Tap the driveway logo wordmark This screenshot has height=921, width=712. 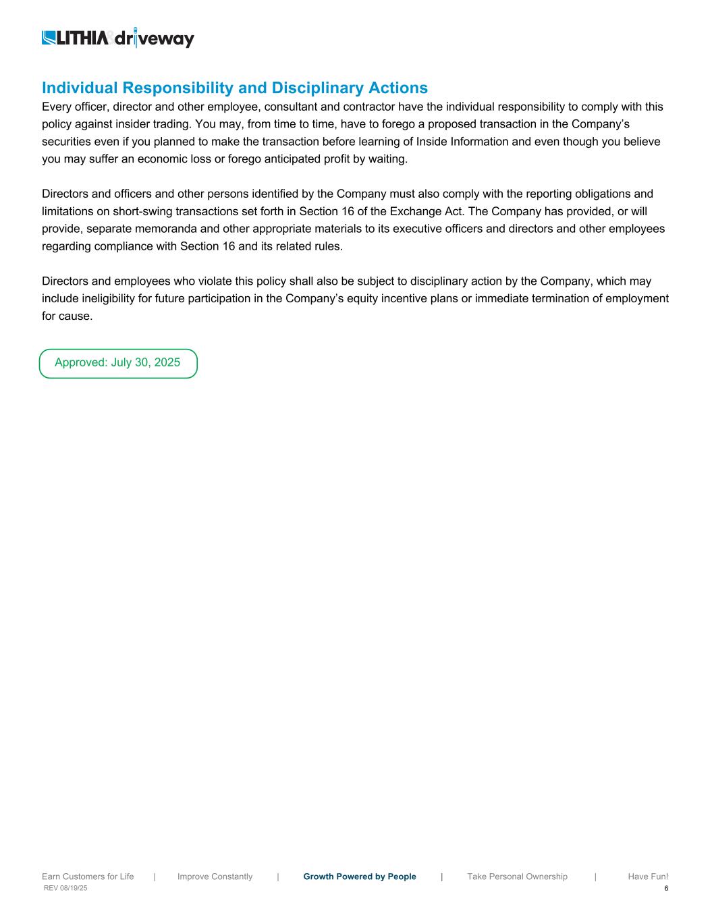155,39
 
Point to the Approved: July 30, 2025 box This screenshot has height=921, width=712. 118,363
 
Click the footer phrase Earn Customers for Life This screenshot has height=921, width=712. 88,876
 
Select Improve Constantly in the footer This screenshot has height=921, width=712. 215,876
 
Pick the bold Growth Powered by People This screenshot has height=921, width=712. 360,876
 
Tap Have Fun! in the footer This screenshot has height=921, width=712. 648,876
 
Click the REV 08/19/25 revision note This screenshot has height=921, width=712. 65,889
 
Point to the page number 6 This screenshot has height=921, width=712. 666,889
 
